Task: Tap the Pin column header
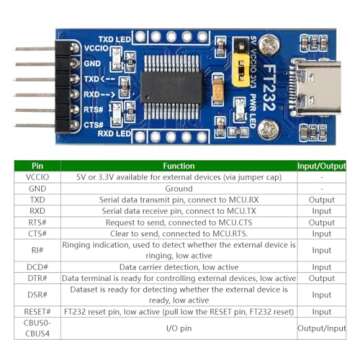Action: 37,166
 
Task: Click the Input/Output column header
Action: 320,166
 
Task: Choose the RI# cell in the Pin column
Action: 37,249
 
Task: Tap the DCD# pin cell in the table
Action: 37,267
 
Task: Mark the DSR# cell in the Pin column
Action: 37,295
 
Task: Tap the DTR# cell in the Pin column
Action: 37,278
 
